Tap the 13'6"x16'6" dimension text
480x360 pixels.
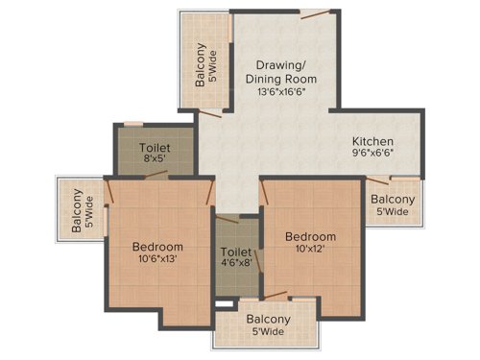click(x=286, y=93)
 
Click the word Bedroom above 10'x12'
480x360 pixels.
click(x=309, y=236)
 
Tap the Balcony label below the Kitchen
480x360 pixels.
click(x=393, y=199)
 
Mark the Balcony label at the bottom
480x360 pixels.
click(x=269, y=320)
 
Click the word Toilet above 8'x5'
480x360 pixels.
click(x=156, y=149)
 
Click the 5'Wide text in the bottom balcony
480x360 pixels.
click(x=269, y=333)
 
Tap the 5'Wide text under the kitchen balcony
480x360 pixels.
click(x=393, y=212)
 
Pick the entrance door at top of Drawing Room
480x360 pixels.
click(x=314, y=14)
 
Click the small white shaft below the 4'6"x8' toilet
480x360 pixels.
click(x=224, y=304)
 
